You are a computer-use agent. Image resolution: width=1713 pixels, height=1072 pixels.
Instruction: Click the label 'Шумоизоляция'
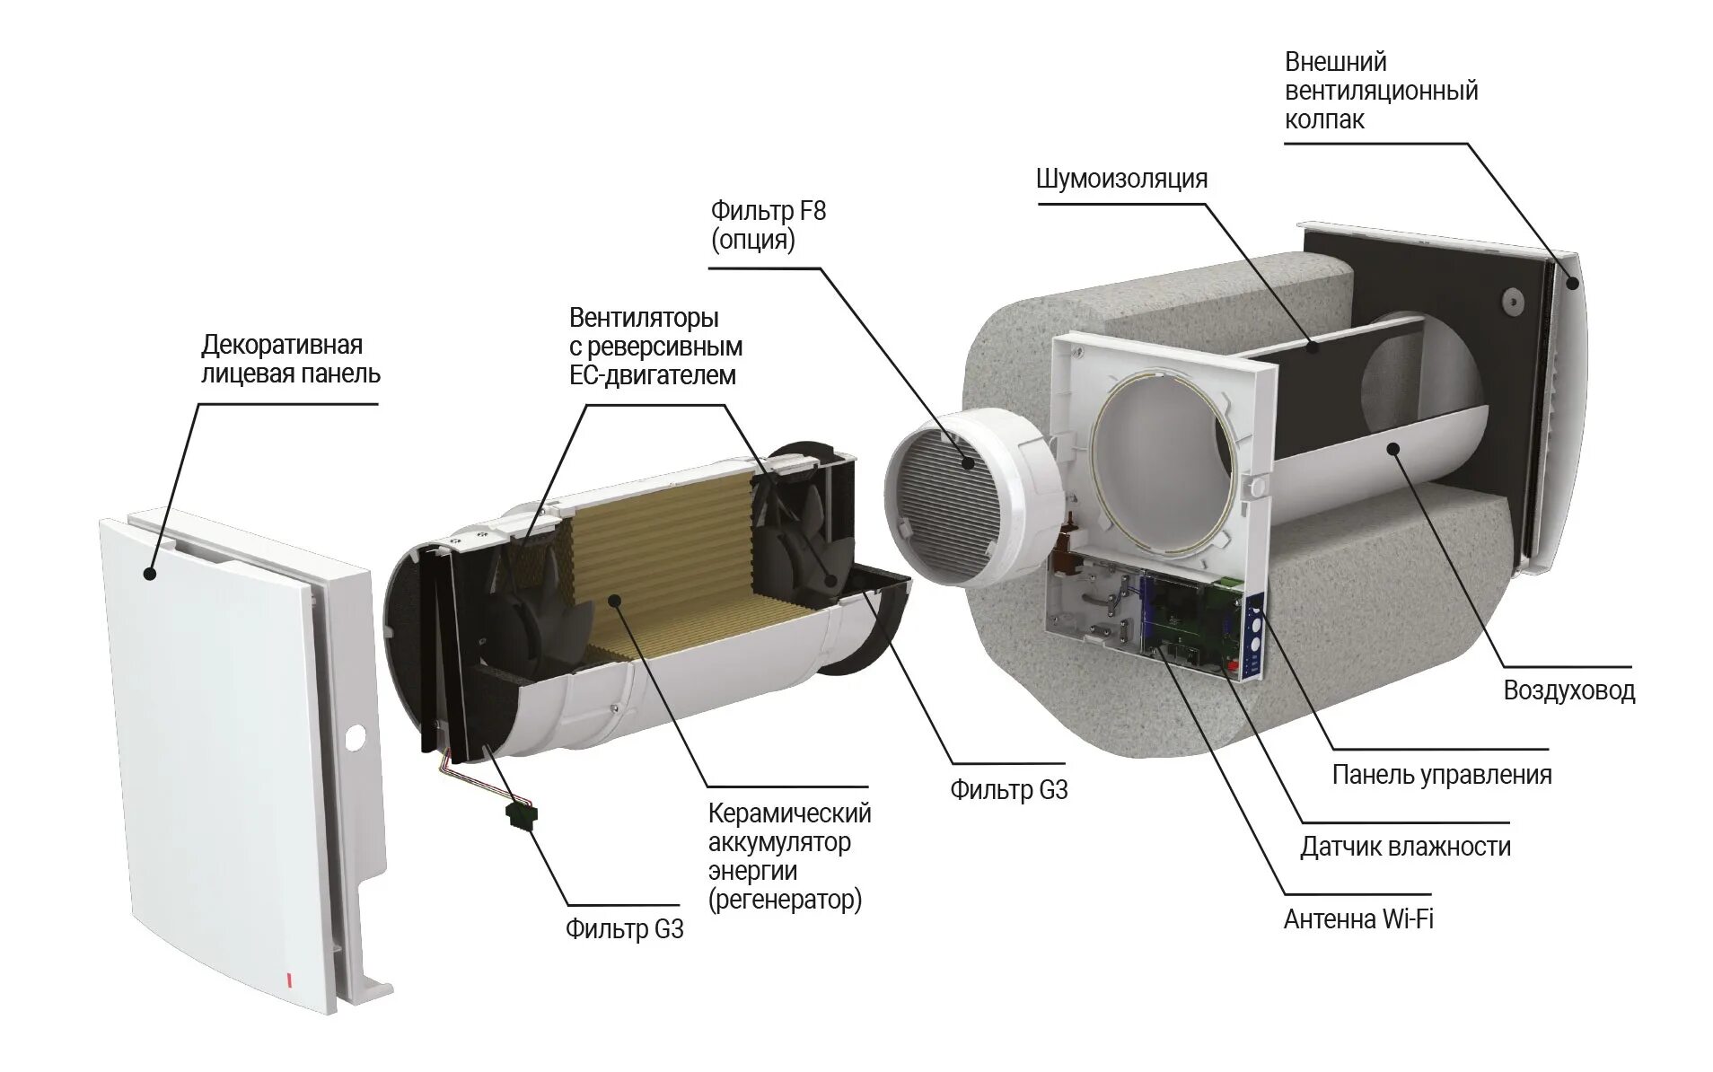pos(1121,179)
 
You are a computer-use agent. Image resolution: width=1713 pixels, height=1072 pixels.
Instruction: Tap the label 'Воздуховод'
pos(1568,690)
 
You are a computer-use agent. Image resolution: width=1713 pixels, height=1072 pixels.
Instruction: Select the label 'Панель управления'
pos(1441,775)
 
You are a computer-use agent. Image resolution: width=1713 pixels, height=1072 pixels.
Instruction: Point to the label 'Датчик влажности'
pos(1405,847)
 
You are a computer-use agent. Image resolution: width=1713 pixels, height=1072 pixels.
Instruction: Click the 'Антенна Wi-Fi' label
pos(1357,919)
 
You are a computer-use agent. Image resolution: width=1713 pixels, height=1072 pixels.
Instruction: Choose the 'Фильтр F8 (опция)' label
pos(768,225)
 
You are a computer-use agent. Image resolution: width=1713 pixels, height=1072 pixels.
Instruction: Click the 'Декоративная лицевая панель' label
pos(290,359)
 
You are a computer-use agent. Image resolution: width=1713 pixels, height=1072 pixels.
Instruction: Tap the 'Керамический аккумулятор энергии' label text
pos(789,856)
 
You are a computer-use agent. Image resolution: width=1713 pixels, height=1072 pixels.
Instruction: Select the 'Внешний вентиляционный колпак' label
pos(1381,91)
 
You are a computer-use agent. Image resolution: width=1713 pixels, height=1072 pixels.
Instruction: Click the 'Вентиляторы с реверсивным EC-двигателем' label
pos(655,347)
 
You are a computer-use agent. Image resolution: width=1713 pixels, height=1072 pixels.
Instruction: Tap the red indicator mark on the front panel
pos(289,980)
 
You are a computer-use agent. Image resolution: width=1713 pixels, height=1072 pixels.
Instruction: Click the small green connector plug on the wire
pos(521,814)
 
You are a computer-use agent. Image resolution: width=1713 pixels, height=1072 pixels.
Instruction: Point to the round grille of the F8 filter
pos(943,498)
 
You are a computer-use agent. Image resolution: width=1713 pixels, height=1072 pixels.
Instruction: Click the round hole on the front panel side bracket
pos(355,738)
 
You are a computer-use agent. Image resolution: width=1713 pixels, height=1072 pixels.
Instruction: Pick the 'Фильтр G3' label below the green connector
pos(624,929)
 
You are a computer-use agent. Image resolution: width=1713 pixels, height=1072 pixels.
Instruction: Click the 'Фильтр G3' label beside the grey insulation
pos(1008,790)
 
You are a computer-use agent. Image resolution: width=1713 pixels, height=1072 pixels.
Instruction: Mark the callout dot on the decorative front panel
pos(150,574)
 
